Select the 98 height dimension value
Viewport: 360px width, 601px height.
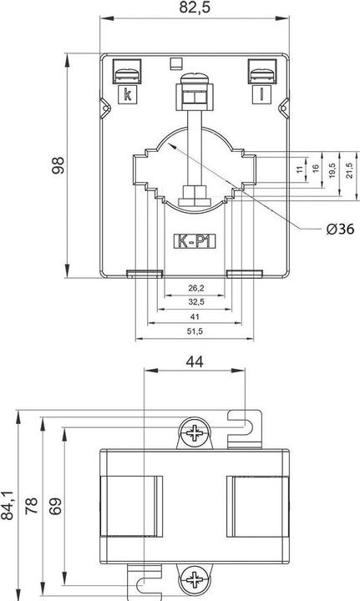tap(57, 167)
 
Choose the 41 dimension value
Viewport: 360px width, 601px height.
tap(195, 318)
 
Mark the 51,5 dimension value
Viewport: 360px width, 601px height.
tap(195, 332)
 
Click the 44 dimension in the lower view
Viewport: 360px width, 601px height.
tap(195, 361)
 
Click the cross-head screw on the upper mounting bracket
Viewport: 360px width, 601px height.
tap(195, 433)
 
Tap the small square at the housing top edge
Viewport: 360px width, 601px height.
tap(174, 61)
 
